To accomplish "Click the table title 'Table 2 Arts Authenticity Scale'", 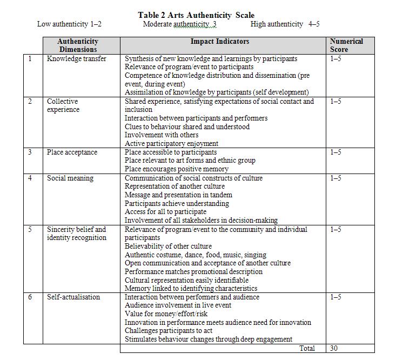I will pos(196,15).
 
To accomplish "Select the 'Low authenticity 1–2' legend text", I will pos(69,24).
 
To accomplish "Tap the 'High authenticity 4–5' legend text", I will pos(285,24).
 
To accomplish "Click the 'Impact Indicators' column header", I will pos(220,41).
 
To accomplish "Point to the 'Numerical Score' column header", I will pos(346,45).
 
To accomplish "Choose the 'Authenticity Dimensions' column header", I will pos(78,45).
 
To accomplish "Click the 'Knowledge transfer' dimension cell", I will pos(77,58).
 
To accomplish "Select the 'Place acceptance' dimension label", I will pos(72,152).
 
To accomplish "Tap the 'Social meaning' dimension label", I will pos(70,178).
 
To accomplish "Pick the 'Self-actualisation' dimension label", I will pos(73,297).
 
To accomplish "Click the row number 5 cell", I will pos(30,230).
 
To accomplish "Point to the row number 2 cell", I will pos(30,102).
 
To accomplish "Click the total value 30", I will pos(334,349).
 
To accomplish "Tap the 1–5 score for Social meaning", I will pos(335,178).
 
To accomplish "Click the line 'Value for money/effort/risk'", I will pos(166,314).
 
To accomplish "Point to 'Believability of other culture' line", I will pos(169,246).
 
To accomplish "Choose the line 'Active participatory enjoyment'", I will pos(172,144).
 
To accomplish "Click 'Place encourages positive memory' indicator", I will pos(177,169).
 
